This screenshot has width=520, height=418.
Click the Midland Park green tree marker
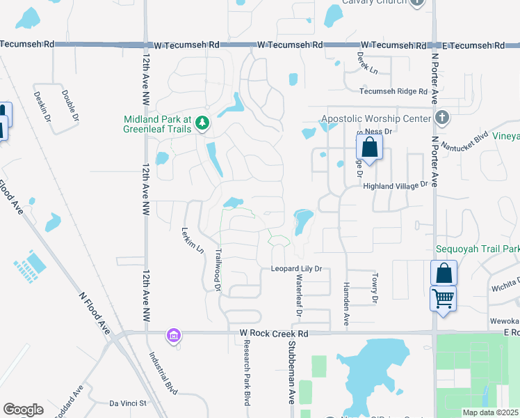[x=202, y=123]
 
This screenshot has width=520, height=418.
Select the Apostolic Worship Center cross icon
[x=441, y=118]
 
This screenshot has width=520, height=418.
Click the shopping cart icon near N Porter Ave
[x=443, y=299]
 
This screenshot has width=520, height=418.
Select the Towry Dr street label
[x=374, y=288]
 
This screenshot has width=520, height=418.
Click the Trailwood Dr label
[x=218, y=270]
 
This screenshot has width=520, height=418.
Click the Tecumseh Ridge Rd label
[x=393, y=91]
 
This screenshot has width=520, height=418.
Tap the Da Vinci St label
[x=129, y=403]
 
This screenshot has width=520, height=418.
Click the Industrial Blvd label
[x=162, y=369]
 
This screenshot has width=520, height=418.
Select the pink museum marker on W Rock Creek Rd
[x=173, y=336]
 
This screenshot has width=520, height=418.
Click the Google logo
[x=23, y=410]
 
